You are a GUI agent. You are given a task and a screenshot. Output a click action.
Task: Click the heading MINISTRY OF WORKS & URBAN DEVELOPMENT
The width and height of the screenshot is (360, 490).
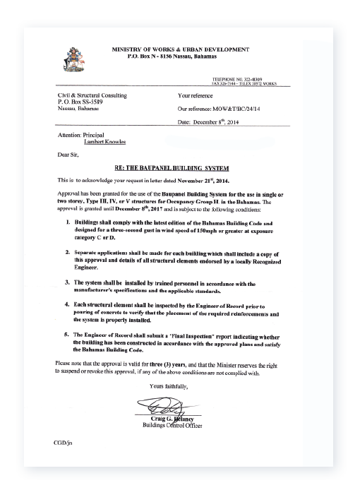click(x=181, y=49)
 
